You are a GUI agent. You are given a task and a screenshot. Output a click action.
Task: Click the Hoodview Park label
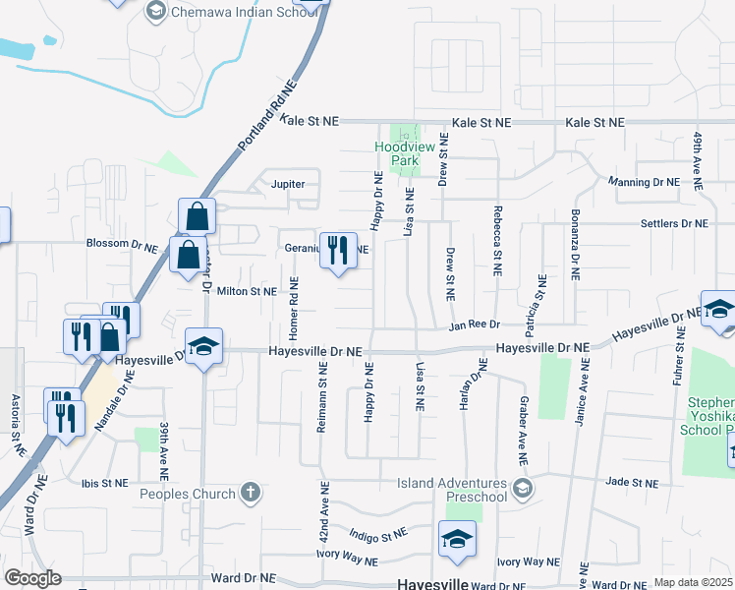coord(397,152)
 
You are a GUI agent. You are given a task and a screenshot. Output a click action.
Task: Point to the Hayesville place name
coord(431,583)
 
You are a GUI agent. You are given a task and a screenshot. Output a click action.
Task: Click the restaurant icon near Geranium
coord(338,250)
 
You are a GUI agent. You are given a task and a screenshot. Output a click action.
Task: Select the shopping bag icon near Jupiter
coord(197,215)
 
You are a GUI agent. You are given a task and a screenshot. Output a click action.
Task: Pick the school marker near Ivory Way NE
coord(457,539)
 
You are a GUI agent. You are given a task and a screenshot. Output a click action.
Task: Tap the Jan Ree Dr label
coord(476,324)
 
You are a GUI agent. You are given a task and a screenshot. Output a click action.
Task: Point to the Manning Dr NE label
coord(644,182)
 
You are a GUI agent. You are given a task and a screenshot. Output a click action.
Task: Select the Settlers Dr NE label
coord(674,224)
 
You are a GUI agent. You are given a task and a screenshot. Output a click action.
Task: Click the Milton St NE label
coord(247,291)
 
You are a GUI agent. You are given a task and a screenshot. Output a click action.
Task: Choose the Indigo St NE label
coord(377,535)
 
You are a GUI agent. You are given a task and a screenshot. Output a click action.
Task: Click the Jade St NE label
coord(631,483)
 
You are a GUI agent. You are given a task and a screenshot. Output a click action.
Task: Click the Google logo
coord(32,577)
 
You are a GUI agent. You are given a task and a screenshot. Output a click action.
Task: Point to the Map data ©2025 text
coord(693,582)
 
